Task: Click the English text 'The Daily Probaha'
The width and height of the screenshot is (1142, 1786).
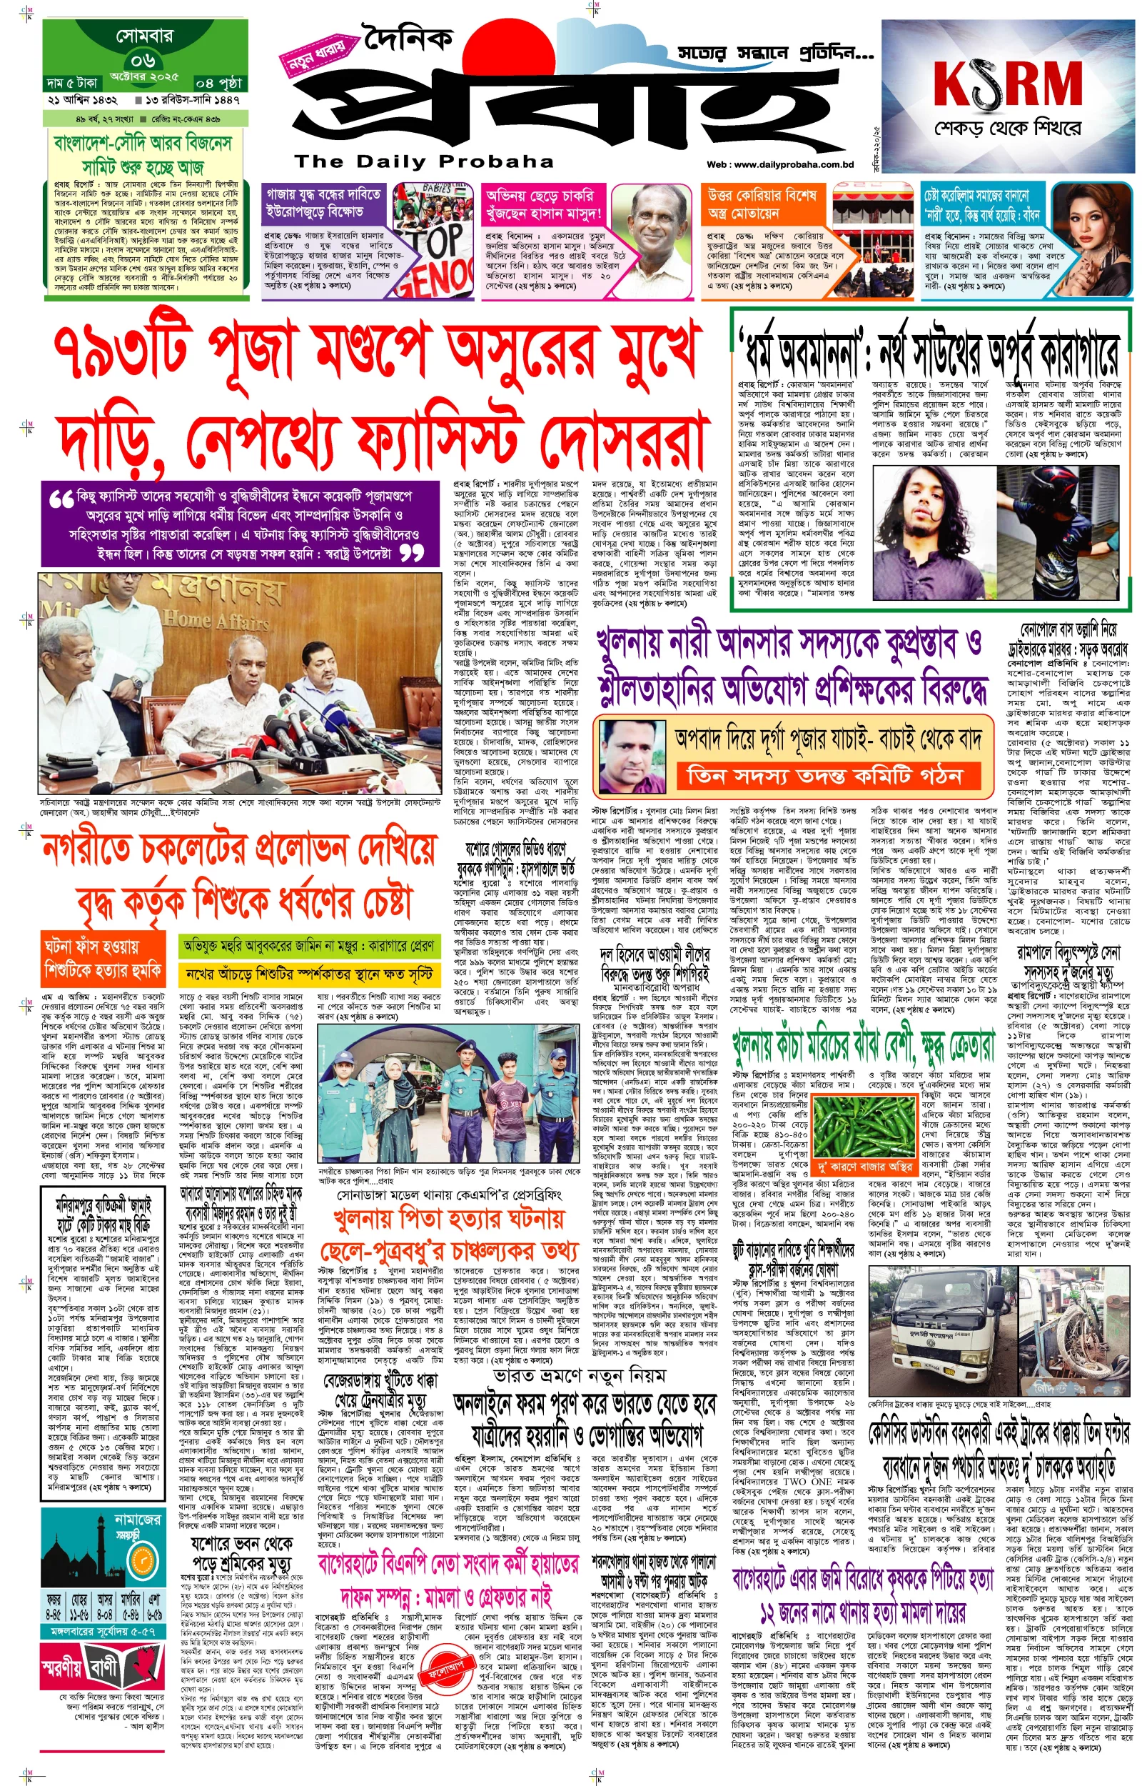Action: coord(423,161)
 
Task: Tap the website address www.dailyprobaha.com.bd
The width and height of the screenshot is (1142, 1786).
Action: coord(780,165)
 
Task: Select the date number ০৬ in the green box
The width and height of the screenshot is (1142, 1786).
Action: coord(143,61)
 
